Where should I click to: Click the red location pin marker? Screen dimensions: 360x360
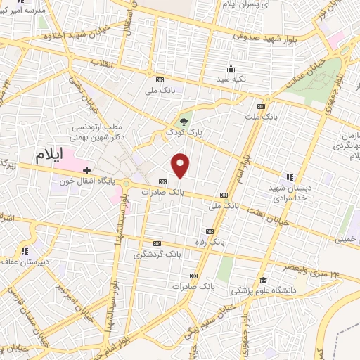[181, 165]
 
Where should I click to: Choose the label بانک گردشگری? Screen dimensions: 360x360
[159, 253]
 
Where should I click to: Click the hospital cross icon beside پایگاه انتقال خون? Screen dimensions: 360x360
[86, 170]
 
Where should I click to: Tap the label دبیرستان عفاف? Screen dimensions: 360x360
[25, 262]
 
